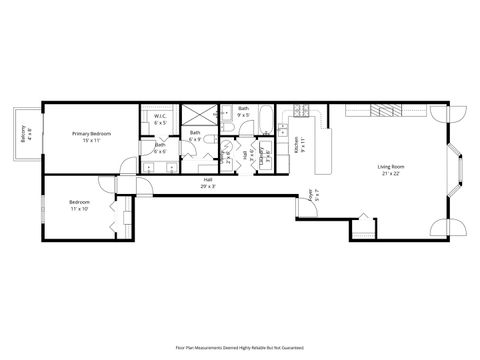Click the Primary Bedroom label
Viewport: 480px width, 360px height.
point(91,136)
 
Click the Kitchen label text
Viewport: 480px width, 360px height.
point(297,145)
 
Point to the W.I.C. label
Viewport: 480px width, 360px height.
point(160,120)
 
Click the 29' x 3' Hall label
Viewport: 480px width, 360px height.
point(207,184)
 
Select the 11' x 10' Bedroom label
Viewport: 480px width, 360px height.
point(79,205)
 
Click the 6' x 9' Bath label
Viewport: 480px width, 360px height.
point(195,135)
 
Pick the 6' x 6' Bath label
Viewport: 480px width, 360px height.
point(160,148)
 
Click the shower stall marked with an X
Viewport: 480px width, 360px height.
point(195,114)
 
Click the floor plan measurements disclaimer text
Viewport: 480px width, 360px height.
point(240,346)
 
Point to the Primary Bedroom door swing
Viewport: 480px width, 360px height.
point(127,164)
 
